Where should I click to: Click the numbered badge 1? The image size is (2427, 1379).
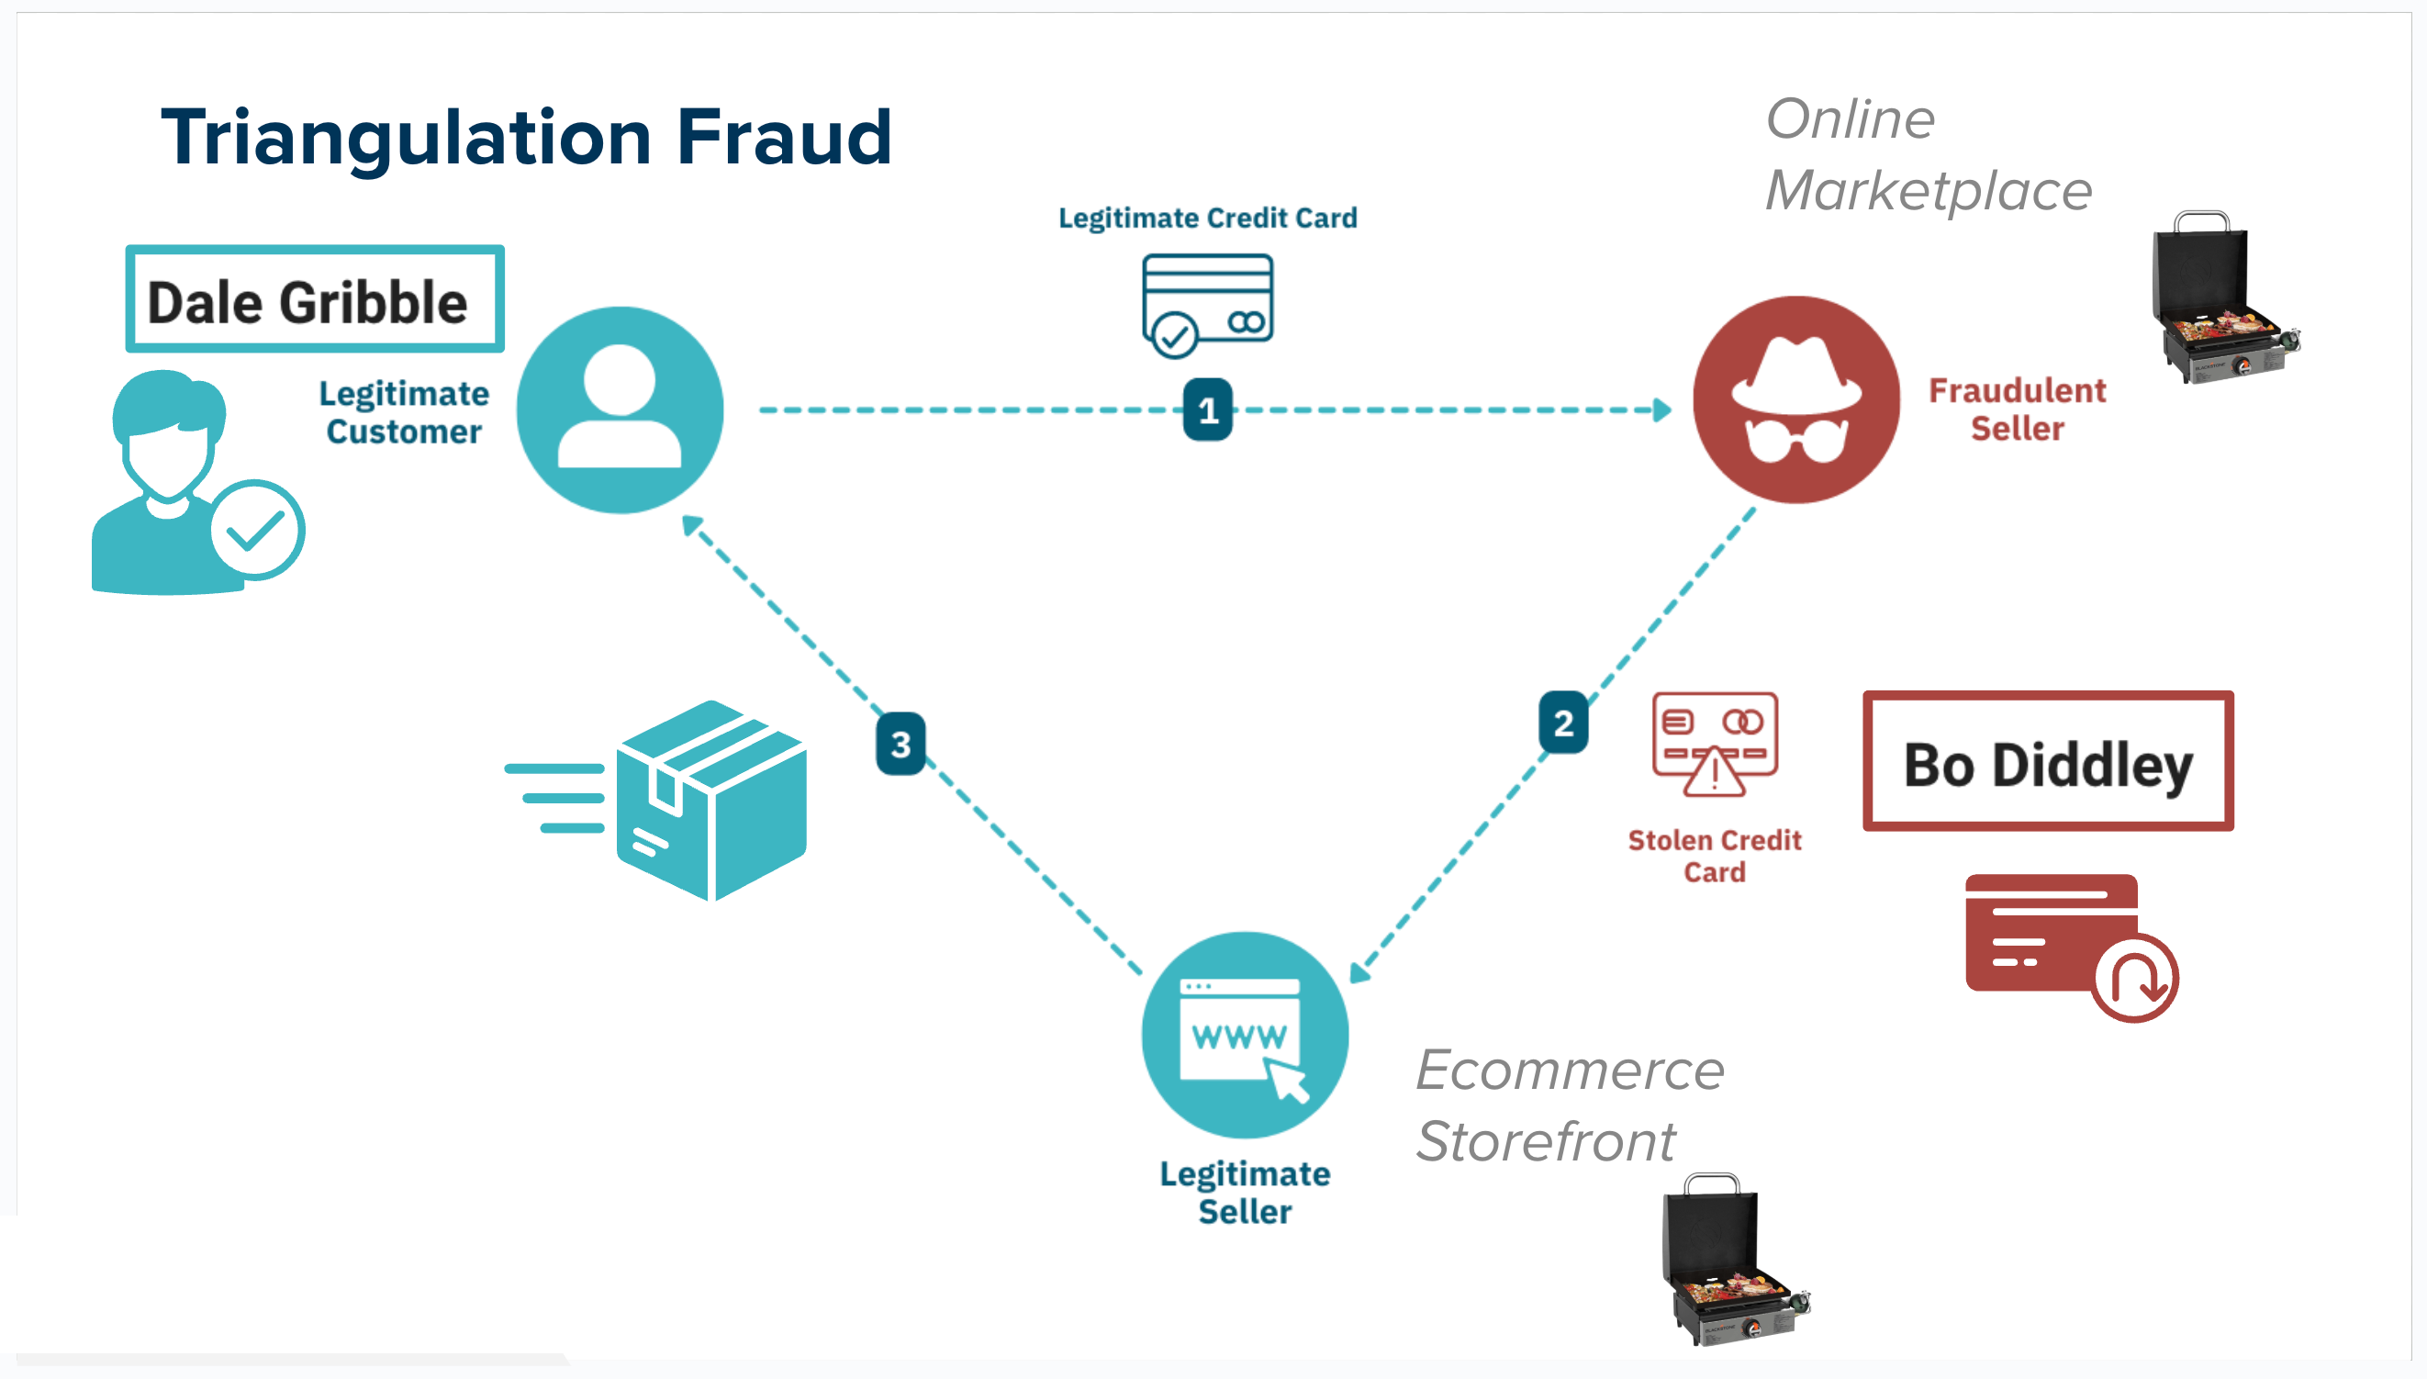point(1207,409)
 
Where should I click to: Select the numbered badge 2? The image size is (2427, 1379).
point(1562,723)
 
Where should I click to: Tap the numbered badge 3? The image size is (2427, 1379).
point(900,744)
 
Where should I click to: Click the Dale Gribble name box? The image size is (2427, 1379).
point(314,300)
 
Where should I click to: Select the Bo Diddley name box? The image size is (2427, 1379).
point(2047,761)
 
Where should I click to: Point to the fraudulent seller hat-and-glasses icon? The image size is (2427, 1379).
point(1795,399)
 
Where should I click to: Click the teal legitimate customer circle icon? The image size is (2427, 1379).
point(620,409)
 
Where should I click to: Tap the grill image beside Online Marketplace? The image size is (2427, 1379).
point(2221,297)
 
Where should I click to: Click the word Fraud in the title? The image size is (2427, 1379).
point(784,138)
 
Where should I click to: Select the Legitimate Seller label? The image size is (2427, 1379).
point(1245,1193)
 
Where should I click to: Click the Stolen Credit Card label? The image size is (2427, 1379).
point(1714,856)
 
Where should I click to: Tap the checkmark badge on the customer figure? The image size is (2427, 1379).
point(256,530)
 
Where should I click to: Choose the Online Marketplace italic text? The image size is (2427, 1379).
point(1928,154)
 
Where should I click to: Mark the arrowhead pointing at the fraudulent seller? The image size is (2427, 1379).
point(1661,410)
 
